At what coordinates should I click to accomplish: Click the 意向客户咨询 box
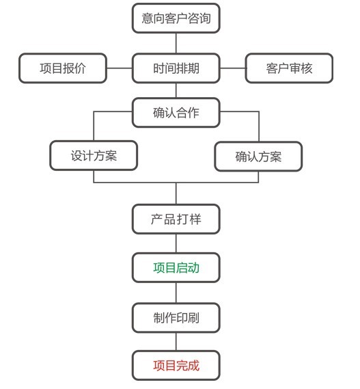pyautogui.click(x=176, y=18)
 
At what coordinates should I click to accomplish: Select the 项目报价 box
pyautogui.click(x=63, y=68)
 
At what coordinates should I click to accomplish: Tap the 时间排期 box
pyautogui.click(x=176, y=68)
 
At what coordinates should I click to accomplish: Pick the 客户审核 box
pyautogui.click(x=289, y=68)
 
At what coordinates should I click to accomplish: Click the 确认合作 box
pyautogui.click(x=176, y=113)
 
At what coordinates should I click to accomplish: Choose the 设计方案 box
pyautogui.click(x=94, y=156)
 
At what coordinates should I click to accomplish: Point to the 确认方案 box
pyautogui.click(x=258, y=157)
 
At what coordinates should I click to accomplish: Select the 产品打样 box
pyautogui.click(x=176, y=219)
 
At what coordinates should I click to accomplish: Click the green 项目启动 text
pyautogui.click(x=176, y=268)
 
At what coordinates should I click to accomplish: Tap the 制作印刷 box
pyautogui.click(x=176, y=318)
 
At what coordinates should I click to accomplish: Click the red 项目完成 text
pyautogui.click(x=176, y=366)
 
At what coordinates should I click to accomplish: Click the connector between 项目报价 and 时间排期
pyautogui.click(x=120, y=68)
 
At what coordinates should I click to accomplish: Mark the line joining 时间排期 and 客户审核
pyautogui.click(x=232, y=68)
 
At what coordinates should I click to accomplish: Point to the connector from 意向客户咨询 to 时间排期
pyautogui.click(x=176, y=43)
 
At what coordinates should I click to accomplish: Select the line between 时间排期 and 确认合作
pyautogui.click(x=176, y=90)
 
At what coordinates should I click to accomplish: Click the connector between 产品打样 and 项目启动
pyautogui.click(x=176, y=243)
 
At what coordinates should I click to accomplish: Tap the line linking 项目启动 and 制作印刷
pyautogui.click(x=176, y=293)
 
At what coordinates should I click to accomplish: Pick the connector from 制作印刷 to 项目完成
pyautogui.click(x=176, y=342)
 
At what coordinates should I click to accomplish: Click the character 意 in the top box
pyautogui.click(x=148, y=18)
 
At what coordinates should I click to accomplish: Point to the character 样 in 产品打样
pyautogui.click(x=195, y=219)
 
